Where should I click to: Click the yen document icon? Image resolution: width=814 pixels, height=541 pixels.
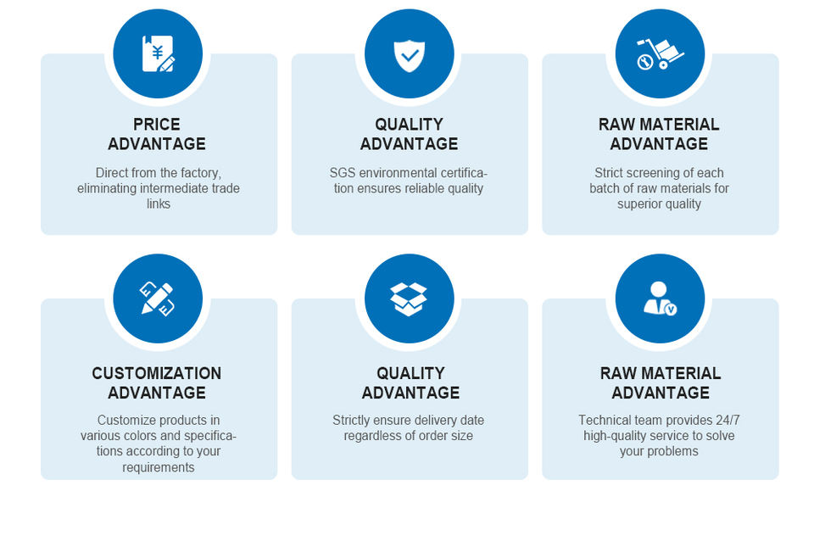[159, 53]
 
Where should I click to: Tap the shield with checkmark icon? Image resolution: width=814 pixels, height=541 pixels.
[409, 55]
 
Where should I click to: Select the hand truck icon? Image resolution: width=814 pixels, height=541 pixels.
[660, 53]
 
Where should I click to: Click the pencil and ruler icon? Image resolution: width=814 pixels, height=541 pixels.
[158, 298]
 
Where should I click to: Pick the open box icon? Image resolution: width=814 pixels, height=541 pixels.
[409, 299]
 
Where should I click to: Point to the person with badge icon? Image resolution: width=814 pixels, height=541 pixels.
[660, 298]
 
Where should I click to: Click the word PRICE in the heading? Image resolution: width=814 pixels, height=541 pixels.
[157, 125]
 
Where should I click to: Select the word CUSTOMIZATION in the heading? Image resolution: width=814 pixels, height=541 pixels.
[157, 373]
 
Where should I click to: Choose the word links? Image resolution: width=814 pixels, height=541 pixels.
[159, 204]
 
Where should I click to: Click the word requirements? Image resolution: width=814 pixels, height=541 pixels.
[159, 467]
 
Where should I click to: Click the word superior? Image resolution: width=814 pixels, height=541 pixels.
[636, 204]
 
